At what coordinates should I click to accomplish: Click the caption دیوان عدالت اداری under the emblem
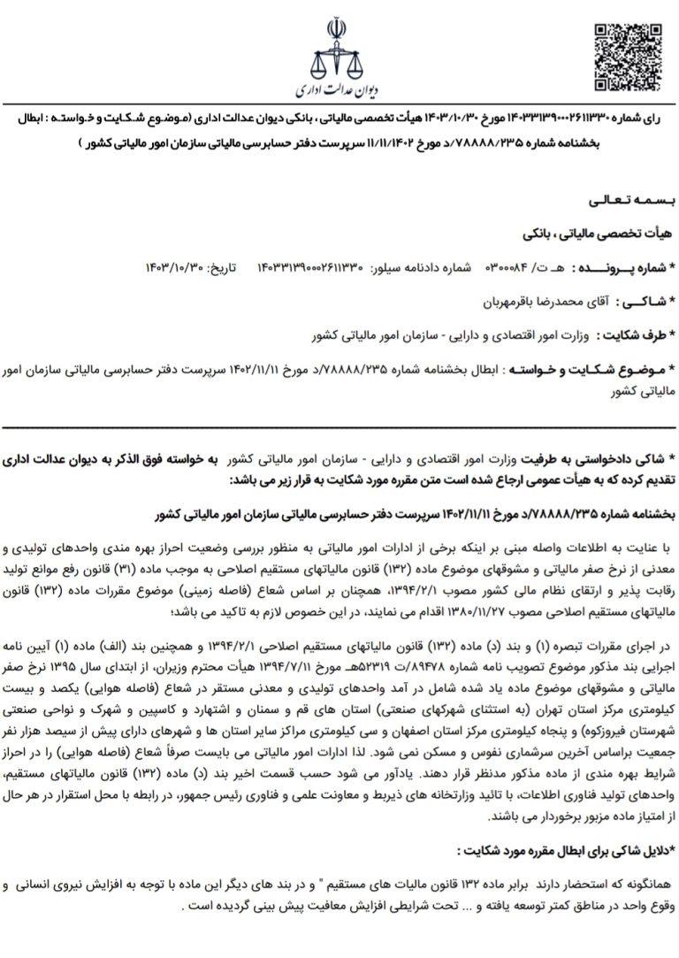(x=339, y=91)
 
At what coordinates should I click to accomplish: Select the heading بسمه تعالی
(x=619, y=203)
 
